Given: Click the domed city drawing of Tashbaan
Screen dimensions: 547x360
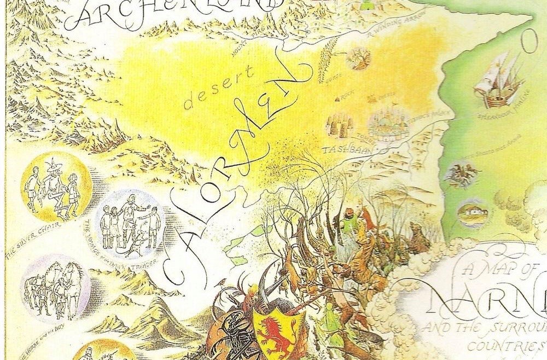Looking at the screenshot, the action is point(388,124).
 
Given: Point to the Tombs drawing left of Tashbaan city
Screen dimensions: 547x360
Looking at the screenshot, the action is point(339,125).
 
